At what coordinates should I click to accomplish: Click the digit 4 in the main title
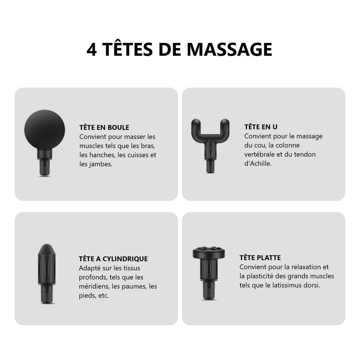[x=92, y=50]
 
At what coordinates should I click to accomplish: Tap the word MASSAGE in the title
[x=229, y=49]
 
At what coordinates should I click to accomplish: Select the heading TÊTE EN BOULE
[x=104, y=127]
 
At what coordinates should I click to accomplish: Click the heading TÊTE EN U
[x=261, y=126]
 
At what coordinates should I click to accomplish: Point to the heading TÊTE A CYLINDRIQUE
[x=113, y=258]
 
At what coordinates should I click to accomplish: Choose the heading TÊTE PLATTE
[x=260, y=258]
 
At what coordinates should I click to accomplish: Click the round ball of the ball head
[x=45, y=130]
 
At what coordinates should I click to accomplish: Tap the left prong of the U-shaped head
[x=196, y=127]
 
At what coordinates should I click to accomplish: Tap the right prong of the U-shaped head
[x=225, y=127]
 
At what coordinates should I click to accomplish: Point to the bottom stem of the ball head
[x=45, y=168]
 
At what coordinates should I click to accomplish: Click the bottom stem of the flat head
[x=209, y=290]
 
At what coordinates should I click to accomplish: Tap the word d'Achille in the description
[x=258, y=163]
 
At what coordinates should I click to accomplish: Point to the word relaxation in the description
[x=306, y=267]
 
